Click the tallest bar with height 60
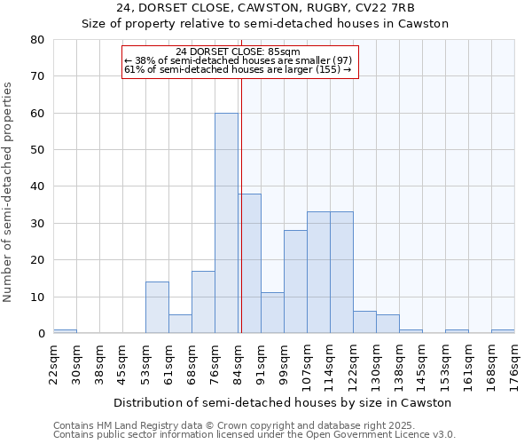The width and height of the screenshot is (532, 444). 226,223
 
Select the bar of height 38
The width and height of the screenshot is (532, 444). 249,264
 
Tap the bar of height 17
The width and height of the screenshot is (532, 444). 203,302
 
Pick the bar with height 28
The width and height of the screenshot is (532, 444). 295,281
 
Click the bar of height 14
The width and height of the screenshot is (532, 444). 157,307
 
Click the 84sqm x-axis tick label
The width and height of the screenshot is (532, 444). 238,361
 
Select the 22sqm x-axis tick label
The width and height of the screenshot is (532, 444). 53,361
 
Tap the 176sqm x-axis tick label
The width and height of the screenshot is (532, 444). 514,361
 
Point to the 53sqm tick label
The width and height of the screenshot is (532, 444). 145,361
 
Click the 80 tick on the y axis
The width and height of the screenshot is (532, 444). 37,40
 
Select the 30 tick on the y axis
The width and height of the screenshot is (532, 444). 37,224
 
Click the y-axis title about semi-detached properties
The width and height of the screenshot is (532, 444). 8,192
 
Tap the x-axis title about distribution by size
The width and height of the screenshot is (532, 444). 283,402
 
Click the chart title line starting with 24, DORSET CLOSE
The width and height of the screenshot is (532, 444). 265,8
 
